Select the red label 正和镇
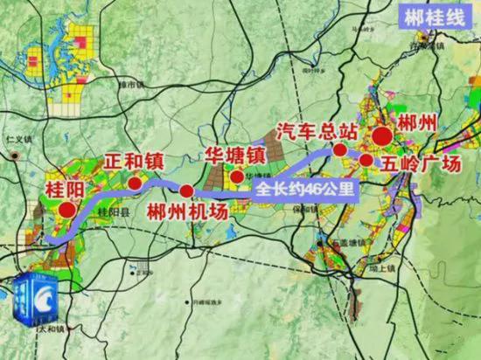[x=134, y=163]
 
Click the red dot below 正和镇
[x=135, y=183]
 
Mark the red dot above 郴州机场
[x=186, y=190]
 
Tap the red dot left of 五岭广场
[x=366, y=160]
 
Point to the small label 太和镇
[x=19, y=354]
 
